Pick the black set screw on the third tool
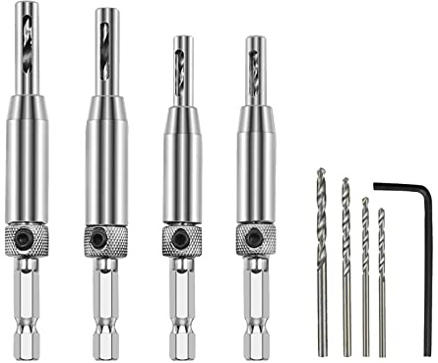click(180, 238)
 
